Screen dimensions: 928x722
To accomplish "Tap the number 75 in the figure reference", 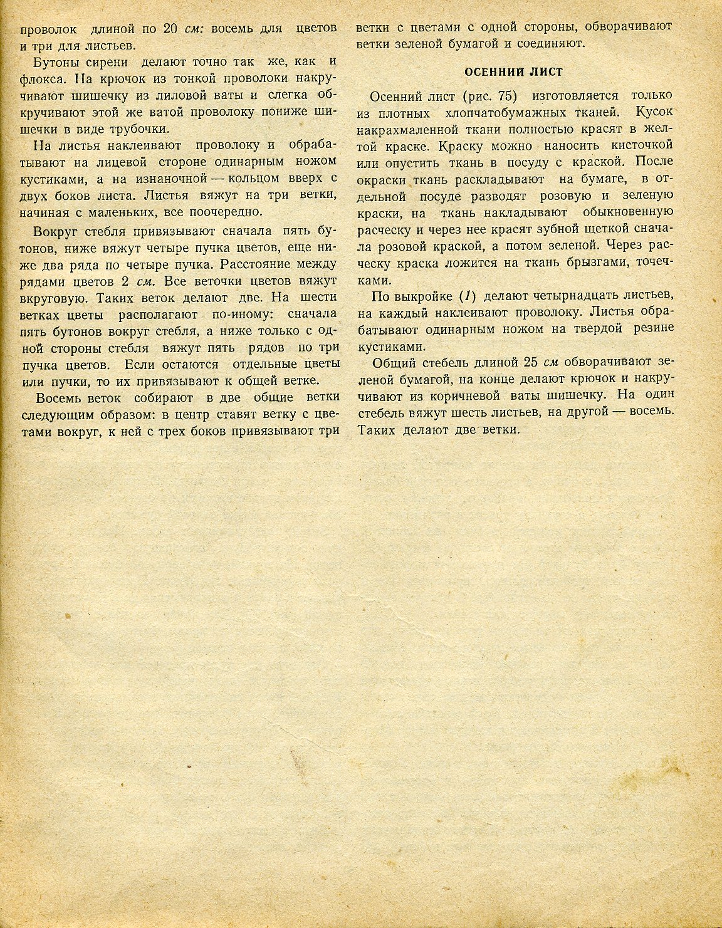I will pyautogui.click(x=508, y=96).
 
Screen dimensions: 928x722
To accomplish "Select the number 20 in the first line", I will pyautogui.click(x=170, y=29).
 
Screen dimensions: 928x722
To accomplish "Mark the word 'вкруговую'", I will pyautogui.click(x=54, y=297).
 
